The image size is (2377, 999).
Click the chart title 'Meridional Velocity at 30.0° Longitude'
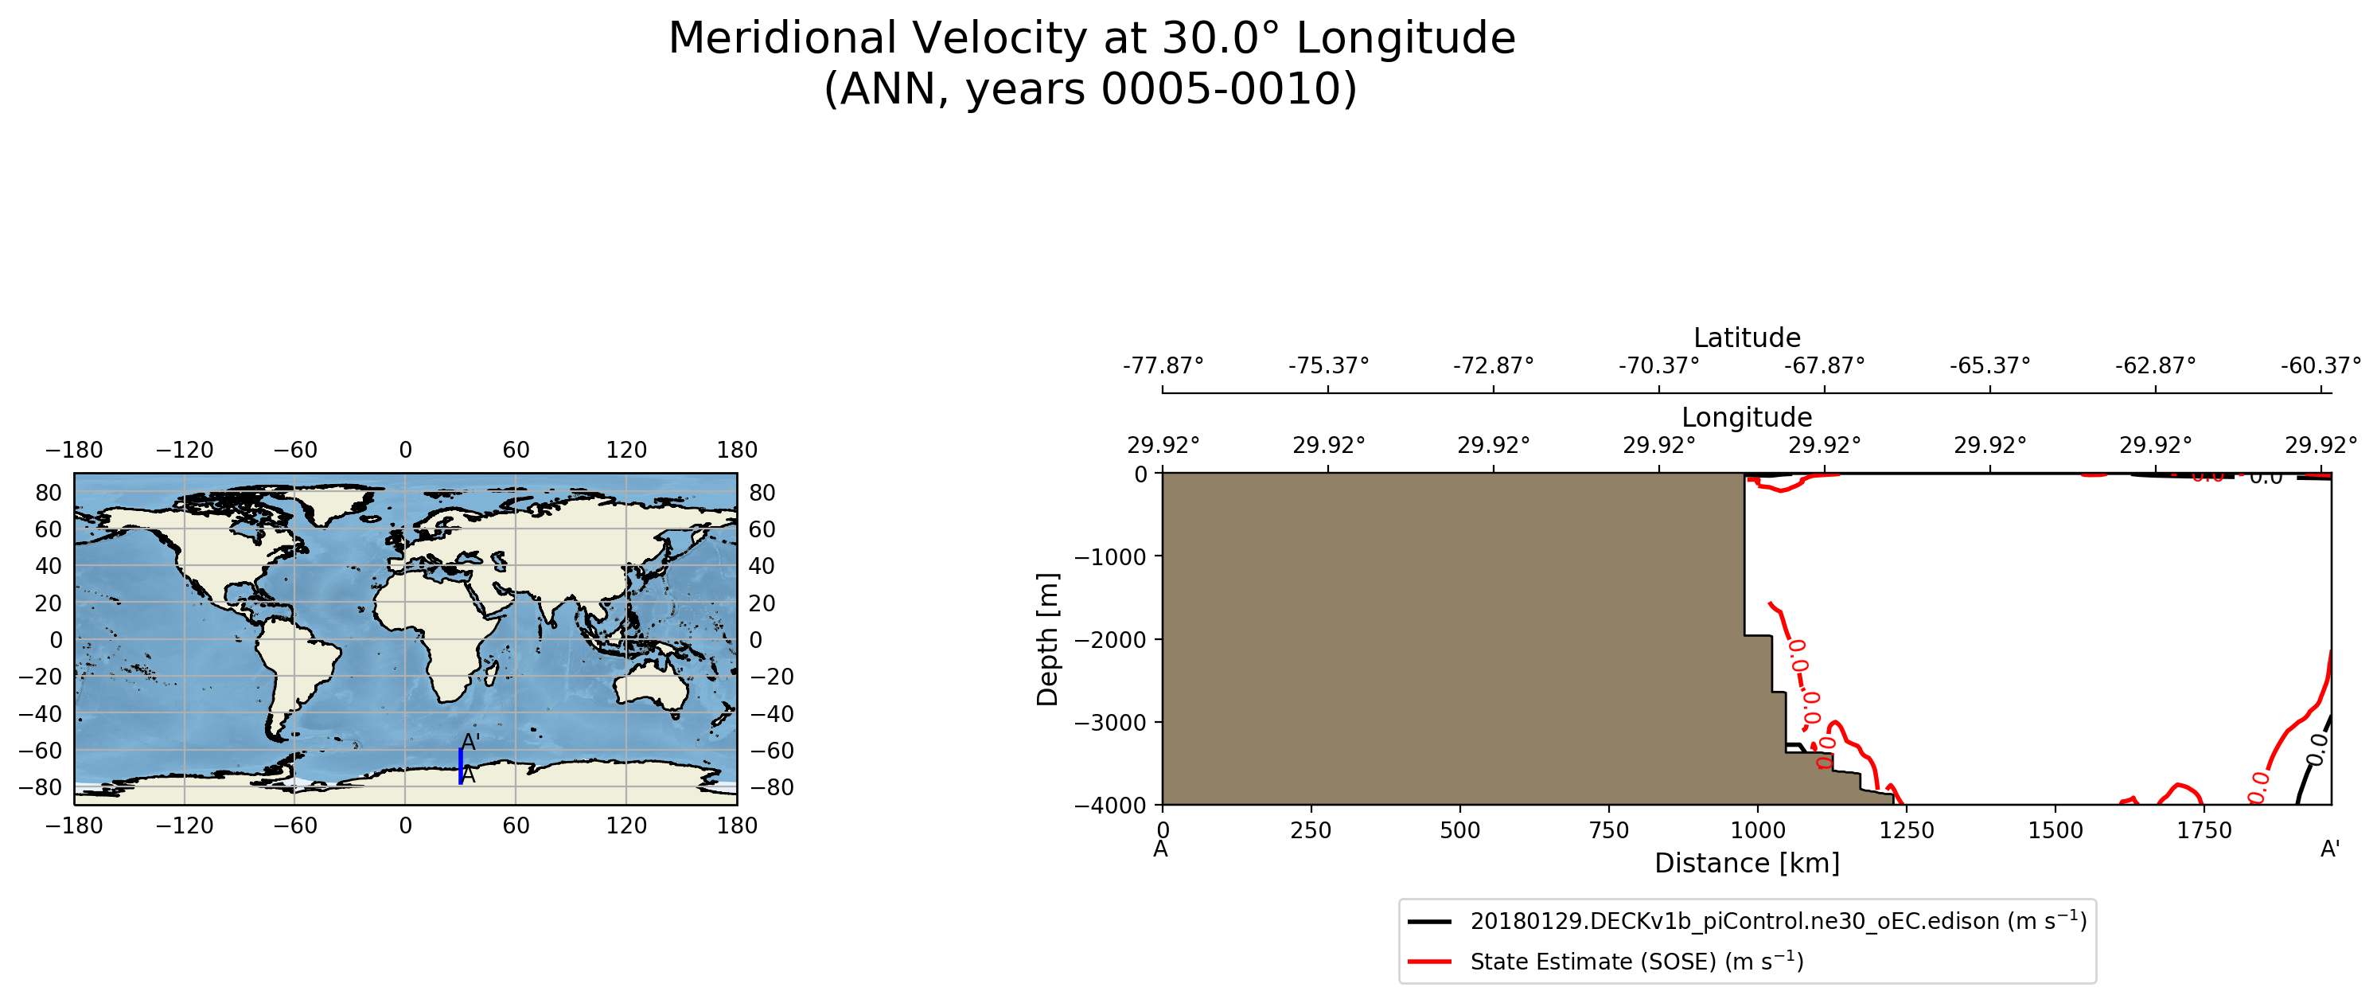(x=1091, y=39)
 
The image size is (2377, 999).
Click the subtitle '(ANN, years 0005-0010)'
(x=1091, y=90)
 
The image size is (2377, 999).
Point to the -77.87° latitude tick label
(x=1163, y=365)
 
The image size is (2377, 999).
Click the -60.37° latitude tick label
(x=2320, y=365)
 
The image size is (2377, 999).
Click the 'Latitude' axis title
(x=1746, y=338)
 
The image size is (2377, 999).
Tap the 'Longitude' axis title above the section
(x=1746, y=417)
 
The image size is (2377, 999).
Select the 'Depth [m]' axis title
(x=1047, y=639)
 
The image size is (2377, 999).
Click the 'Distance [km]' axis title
(x=1746, y=863)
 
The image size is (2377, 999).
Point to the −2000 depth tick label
(x=1110, y=640)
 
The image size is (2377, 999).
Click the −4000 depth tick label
(x=1110, y=805)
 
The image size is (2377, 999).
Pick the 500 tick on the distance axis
(x=1459, y=830)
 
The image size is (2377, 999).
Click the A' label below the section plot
(x=2330, y=849)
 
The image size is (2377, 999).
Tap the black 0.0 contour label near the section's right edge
(x=2316, y=749)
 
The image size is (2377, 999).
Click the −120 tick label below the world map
(x=185, y=825)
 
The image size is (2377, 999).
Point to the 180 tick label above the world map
(x=736, y=450)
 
